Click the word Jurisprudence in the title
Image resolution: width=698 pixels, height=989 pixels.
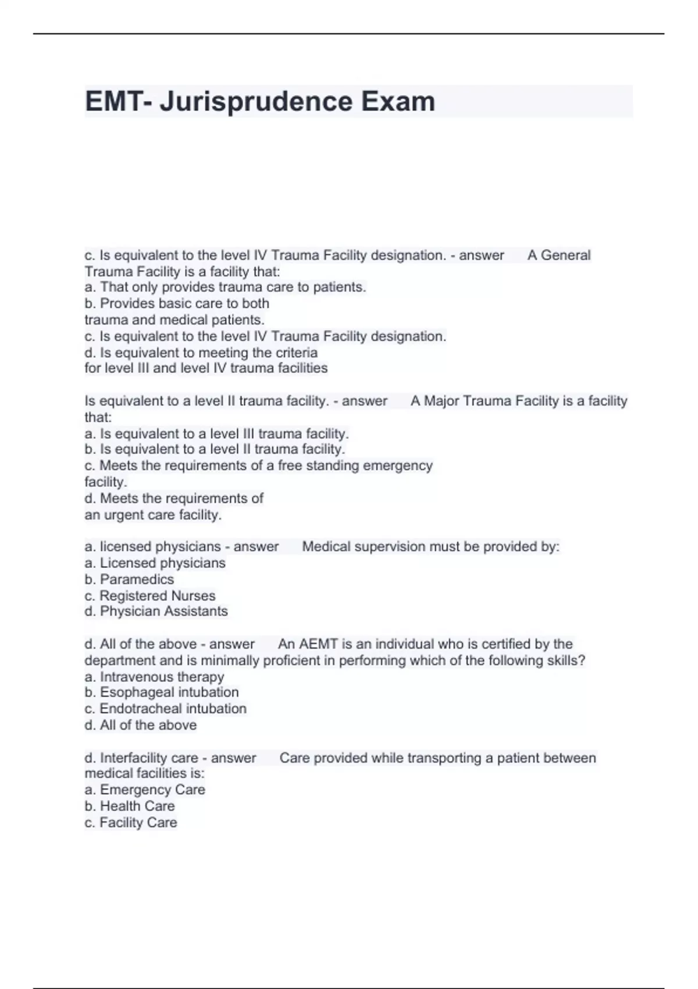[x=256, y=101]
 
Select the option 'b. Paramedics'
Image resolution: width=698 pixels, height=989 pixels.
[x=129, y=579]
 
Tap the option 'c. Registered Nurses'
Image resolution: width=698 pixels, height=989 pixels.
[x=150, y=596]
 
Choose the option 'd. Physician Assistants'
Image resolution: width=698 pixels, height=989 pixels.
[x=156, y=611]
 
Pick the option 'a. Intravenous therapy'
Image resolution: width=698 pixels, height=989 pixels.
[x=154, y=677]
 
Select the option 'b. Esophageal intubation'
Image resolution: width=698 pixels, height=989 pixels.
[x=162, y=692]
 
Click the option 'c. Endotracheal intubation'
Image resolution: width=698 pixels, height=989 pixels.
[x=166, y=709]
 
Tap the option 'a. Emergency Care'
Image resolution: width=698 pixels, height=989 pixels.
[x=145, y=790]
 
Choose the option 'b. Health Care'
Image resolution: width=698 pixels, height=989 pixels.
[x=130, y=806]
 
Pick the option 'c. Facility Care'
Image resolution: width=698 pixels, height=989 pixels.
[x=131, y=823]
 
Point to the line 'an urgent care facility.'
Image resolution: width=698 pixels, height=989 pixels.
[x=153, y=515]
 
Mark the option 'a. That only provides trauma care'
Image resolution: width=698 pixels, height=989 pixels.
[x=225, y=287]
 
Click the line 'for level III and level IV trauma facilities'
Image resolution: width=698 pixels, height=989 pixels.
[x=206, y=368]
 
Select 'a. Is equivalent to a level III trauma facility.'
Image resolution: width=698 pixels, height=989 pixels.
[x=216, y=434]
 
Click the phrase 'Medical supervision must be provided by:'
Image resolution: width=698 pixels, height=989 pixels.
[x=430, y=547]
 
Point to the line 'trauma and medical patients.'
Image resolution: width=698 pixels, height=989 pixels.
[x=174, y=320]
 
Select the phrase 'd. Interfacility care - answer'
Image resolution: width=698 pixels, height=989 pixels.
[x=170, y=758]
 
